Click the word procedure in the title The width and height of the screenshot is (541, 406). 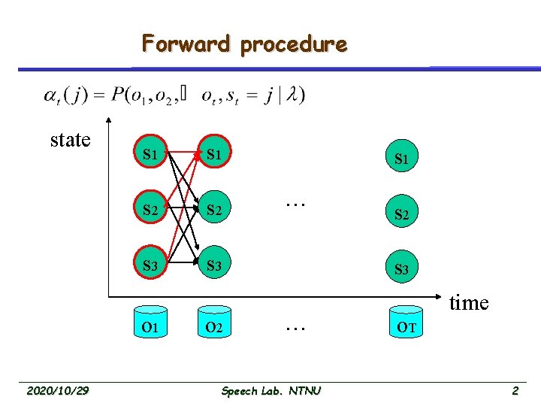click(x=293, y=45)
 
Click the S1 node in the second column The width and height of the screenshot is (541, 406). click(x=215, y=156)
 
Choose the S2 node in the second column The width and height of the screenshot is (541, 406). click(x=215, y=211)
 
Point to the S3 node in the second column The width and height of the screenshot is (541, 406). click(x=215, y=266)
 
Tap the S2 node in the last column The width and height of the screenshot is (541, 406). click(x=401, y=214)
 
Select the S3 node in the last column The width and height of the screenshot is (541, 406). click(x=401, y=268)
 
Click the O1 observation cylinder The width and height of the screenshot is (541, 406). click(x=150, y=327)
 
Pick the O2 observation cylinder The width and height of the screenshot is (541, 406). click(x=214, y=327)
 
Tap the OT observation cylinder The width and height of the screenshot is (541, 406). click(x=407, y=327)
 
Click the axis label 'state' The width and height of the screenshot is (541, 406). click(x=70, y=140)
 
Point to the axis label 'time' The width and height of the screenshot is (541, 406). click(x=469, y=303)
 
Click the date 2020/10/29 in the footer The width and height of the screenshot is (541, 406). click(x=58, y=390)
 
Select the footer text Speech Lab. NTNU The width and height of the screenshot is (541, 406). click(x=271, y=390)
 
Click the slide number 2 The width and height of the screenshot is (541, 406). click(x=515, y=390)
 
